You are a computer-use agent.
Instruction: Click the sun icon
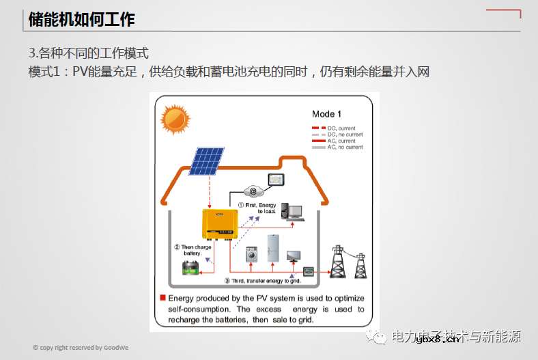click(175, 120)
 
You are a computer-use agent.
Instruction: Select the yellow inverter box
click(218, 225)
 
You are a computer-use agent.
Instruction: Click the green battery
click(190, 268)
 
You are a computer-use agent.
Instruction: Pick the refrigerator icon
click(273, 248)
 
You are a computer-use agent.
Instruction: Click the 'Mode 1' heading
click(326, 114)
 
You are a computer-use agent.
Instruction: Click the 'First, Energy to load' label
click(257, 208)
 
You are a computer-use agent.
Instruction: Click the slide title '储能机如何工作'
click(81, 20)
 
